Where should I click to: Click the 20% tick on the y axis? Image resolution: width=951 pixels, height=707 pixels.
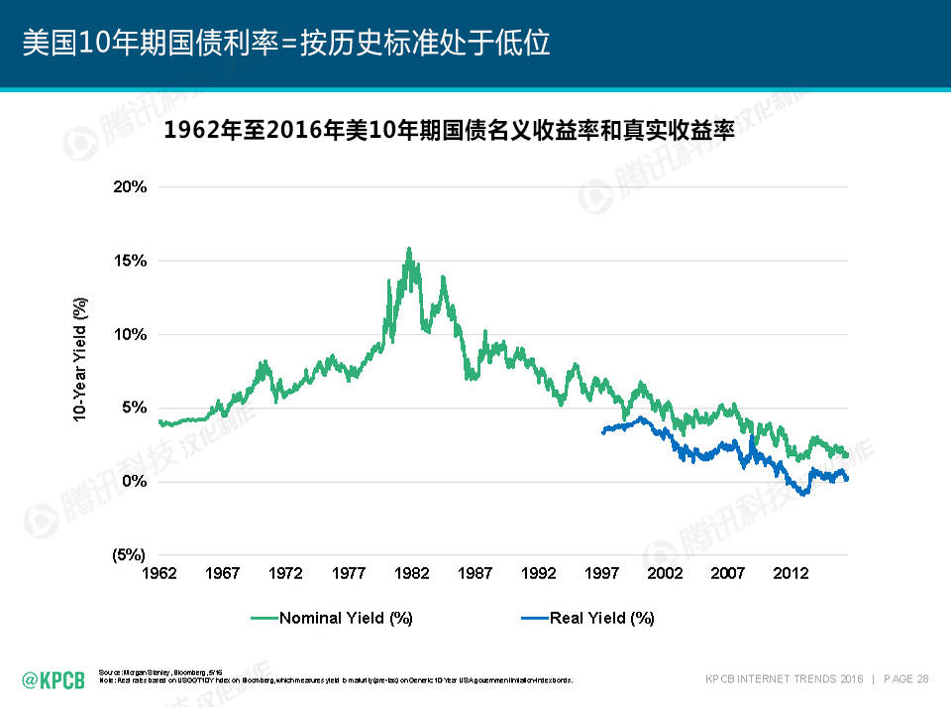pos(130,186)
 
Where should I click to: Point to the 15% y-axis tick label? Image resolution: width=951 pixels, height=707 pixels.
pos(130,261)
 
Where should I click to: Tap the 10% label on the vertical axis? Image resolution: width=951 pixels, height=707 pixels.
pos(130,334)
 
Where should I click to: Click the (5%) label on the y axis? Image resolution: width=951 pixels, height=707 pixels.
pos(129,555)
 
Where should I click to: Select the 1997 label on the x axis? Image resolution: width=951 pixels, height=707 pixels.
pos(601,573)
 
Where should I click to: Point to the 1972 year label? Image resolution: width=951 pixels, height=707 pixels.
pos(285,573)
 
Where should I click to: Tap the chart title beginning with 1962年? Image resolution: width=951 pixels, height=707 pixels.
pos(449,130)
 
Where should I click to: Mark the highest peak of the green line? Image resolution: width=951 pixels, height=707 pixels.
pos(408,249)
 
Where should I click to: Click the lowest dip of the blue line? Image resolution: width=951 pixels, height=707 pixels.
pos(803,493)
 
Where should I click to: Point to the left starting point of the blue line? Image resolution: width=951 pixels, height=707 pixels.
pos(603,431)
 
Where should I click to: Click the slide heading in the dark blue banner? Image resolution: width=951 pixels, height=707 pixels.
pos(286,44)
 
